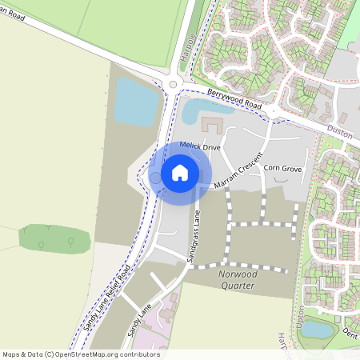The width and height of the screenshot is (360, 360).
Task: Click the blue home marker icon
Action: tap(180, 173)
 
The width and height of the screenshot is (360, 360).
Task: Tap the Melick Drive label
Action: tap(200, 146)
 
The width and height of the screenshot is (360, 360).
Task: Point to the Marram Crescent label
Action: tap(238, 170)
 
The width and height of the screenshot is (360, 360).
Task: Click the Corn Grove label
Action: tap(282, 169)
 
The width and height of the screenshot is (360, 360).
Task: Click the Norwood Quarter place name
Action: tap(236, 279)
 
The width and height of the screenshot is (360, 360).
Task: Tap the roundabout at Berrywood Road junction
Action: tap(173, 83)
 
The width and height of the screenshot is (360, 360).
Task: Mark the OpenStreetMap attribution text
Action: tap(80, 354)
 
